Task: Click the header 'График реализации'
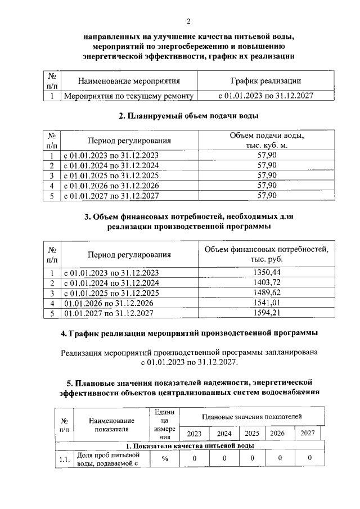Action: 265,82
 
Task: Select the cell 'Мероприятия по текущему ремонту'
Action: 129,96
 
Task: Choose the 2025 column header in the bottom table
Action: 252,434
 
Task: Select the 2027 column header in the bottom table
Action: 308,433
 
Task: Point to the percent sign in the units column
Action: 165,458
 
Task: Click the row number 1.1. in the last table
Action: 64,460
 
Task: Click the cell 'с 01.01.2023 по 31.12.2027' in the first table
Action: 265,96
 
